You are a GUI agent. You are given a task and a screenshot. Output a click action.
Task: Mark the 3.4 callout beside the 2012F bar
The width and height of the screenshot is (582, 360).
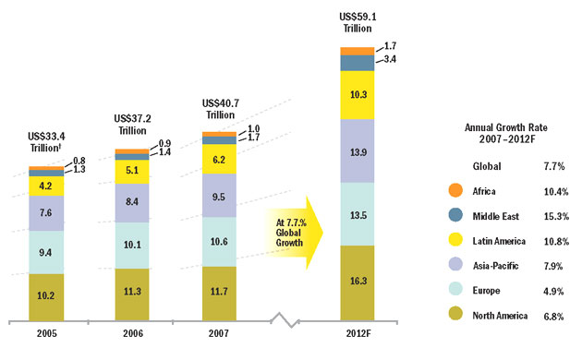[x=390, y=58]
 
